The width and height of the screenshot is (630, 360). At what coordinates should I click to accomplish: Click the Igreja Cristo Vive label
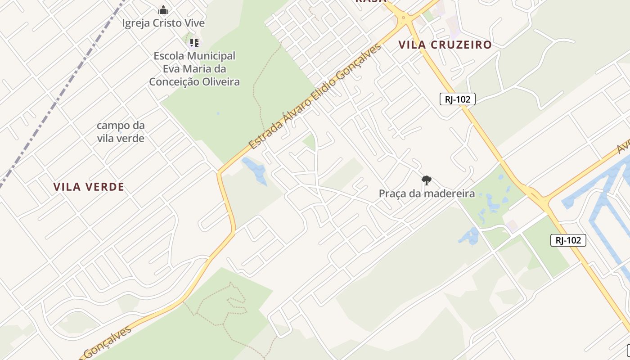163,23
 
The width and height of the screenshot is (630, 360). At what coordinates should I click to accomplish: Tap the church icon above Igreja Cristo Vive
163,10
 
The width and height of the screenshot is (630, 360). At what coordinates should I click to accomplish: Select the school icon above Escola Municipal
194,43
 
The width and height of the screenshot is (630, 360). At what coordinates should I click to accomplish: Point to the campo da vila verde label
121,131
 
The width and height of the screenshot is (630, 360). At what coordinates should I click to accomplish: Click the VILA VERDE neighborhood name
89,187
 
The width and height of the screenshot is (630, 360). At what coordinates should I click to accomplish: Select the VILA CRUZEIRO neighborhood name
445,45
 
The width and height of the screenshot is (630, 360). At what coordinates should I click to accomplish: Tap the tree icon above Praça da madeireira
426,181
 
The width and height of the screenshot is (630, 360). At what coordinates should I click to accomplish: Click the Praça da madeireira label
427,194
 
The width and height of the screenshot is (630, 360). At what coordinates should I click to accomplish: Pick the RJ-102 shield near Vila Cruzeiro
457,99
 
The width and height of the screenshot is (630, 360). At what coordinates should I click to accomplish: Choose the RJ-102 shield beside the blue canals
568,240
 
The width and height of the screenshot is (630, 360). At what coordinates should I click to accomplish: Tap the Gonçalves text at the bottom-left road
108,343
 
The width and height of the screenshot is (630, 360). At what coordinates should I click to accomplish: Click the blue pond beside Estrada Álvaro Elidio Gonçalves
256,170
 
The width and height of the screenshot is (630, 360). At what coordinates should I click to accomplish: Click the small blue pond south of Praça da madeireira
469,236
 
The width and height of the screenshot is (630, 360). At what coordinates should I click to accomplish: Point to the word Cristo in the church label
166,23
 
